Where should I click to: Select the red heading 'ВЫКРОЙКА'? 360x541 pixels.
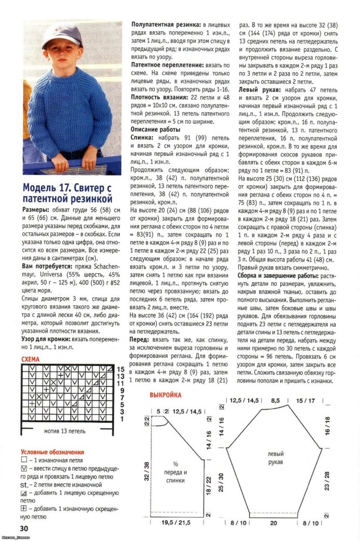coord(165,395)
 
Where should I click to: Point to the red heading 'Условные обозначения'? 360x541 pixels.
coord(52,451)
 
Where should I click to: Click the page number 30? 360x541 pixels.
coord(24,529)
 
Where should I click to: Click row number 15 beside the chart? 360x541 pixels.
coord(121,369)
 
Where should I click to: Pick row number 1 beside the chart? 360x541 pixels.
coord(121,418)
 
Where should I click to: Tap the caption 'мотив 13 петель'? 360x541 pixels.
coord(65,431)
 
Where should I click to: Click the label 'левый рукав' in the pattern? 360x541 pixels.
coord(276,458)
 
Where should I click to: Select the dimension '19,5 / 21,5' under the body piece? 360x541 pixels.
coord(174,523)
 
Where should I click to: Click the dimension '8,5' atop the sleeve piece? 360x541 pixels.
coord(275,400)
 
